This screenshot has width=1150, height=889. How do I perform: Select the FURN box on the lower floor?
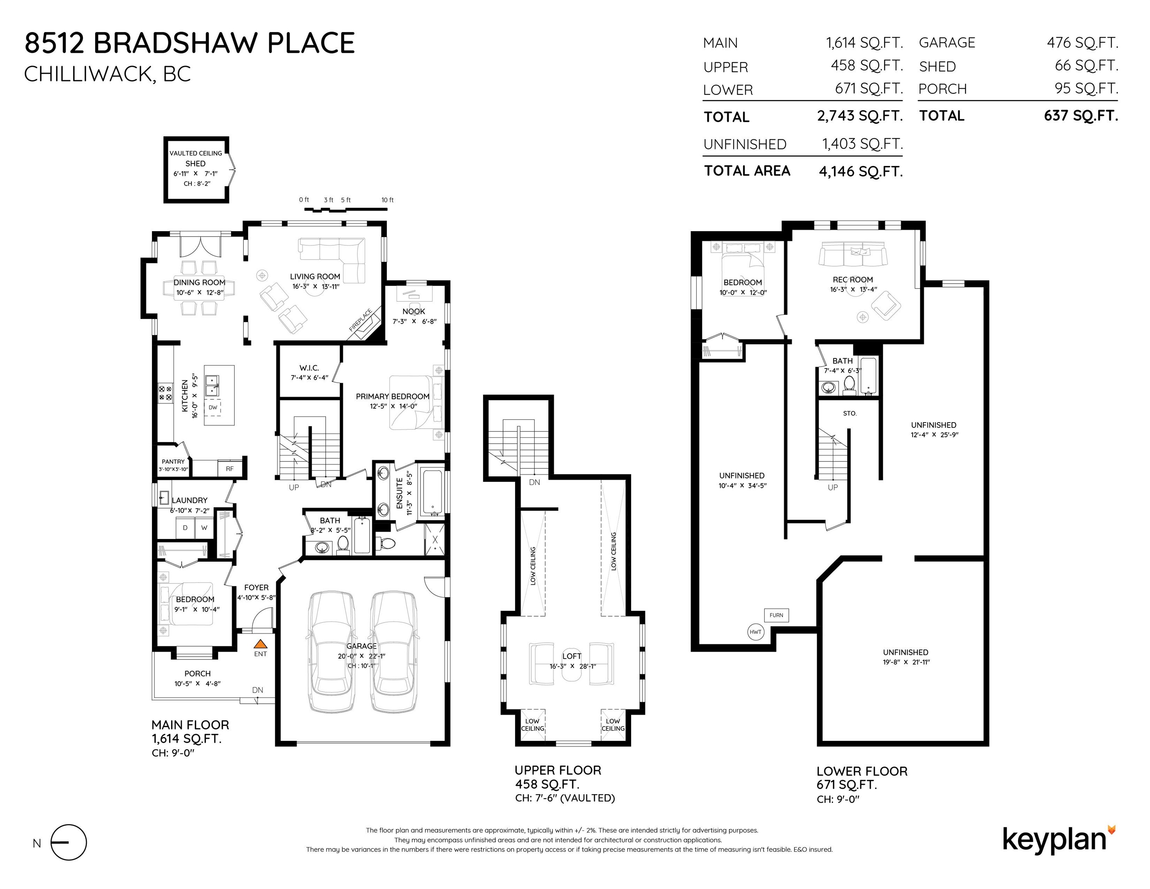[x=776, y=615]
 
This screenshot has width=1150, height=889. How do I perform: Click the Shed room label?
[x=195, y=164]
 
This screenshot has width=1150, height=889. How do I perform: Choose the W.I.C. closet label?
[x=309, y=368]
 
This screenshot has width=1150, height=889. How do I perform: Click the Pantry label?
[x=173, y=461]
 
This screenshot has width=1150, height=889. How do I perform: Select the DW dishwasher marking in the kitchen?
[x=213, y=407]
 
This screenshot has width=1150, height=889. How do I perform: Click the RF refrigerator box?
[x=230, y=468]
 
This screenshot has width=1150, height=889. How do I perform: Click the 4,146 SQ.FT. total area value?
[x=861, y=172]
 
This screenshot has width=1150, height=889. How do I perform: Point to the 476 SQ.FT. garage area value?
[x=1082, y=43]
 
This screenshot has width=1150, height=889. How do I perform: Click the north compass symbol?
[x=69, y=843]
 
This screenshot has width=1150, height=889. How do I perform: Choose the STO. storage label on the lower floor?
[x=849, y=413]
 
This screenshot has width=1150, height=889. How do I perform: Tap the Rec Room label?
[x=853, y=280]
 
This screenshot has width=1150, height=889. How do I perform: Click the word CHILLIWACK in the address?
[x=88, y=74]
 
